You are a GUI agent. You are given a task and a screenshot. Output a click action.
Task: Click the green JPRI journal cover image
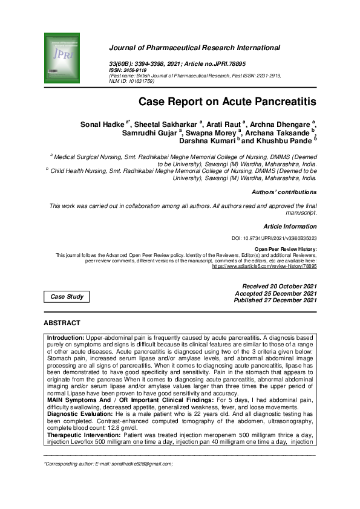pyautogui.click(x=62, y=59)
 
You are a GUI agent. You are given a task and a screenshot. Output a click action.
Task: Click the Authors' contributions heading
pyautogui.click(x=284, y=192)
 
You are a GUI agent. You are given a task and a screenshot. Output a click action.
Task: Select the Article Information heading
pyautogui.click(x=289, y=226)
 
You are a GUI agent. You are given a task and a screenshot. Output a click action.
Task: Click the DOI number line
pyautogui.click(x=275, y=238)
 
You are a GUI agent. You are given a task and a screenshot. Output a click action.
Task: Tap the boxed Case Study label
pyautogui.click(x=67, y=297)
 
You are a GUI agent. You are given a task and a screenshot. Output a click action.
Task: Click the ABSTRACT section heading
pyautogui.click(x=62, y=323)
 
